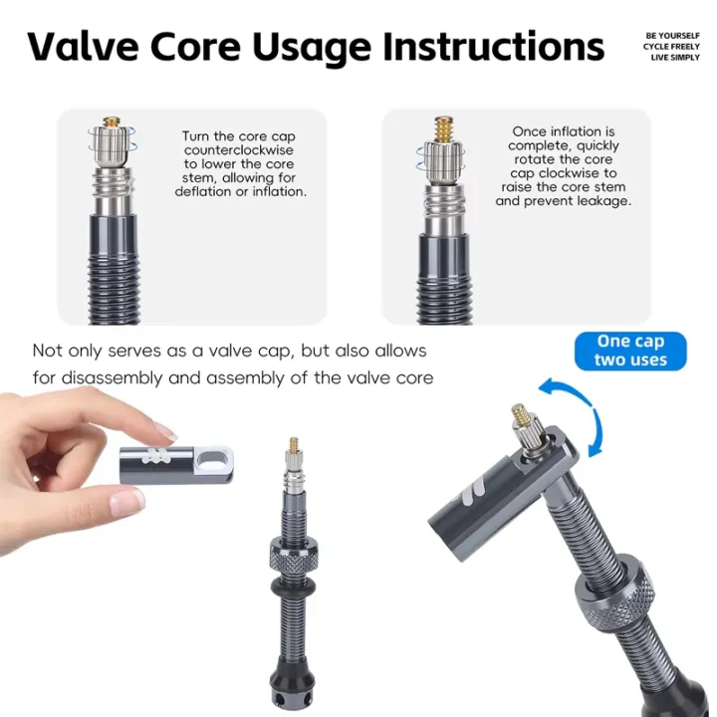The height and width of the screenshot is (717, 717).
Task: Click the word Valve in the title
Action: pyautogui.click(x=84, y=47)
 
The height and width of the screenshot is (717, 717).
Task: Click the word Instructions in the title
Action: pyautogui.click(x=494, y=47)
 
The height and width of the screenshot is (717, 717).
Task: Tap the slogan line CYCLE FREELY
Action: pyautogui.click(x=671, y=47)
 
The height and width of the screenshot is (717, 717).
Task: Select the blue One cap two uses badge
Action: pyautogui.click(x=630, y=351)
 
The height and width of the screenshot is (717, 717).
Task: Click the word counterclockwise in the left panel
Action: pyautogui.click(x=239, y=150)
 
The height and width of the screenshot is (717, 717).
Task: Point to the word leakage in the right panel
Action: pyautogui.click(x=603, y=201)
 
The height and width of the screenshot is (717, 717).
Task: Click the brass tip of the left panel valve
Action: pyautogui.click(x=112, y=122)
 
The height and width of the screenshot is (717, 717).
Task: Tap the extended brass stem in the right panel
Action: pyautogui.click(x=443, y=128)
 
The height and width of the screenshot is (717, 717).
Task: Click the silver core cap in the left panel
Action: pyautogui.click(x=112, y=146)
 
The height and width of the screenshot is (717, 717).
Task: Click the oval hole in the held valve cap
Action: pyautogui.click(x=215, y=459)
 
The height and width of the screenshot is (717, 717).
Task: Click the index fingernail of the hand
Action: pyautogui.click(x=165, y=431)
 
